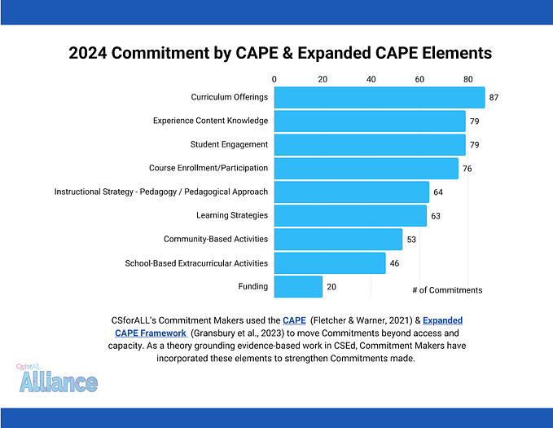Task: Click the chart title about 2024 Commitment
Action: point(280,53)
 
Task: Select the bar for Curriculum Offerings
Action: point(379,98)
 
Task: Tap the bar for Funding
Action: point(298,287)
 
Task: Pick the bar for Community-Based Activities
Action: point(338,240)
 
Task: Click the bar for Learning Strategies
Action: point(350,216)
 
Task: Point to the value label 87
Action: point(494,98)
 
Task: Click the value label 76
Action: point(467,169)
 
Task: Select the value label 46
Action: point(395,263)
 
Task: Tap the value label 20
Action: point(331,287)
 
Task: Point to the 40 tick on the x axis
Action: point(371,79)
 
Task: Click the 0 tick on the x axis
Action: point(274,79)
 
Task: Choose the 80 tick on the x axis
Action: point(467,79)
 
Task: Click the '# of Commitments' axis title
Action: point(447,290)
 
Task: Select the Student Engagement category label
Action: point(229,145)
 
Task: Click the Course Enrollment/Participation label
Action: point(208,169)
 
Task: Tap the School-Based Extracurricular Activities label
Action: point(196,263)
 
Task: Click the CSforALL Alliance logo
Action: point(57,378)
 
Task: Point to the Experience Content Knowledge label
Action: point(210,121)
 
